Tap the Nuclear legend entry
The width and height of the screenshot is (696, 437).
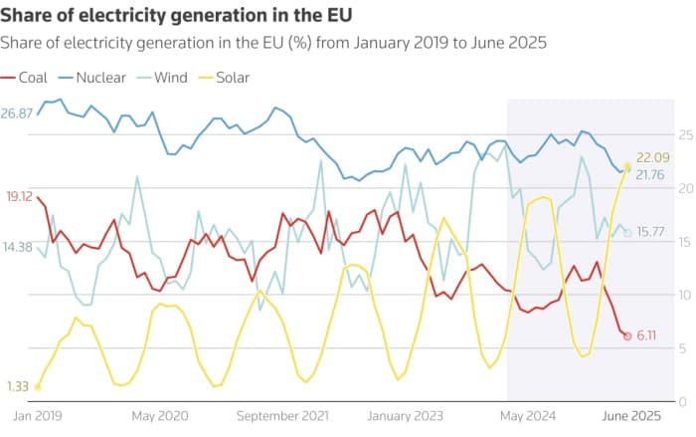click(x=93, y=77)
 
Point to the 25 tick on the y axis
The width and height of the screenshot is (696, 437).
click(x=684, y=134)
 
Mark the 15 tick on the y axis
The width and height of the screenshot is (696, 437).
click(x=684, y=242)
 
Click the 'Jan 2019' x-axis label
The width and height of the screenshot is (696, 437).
click(x=36, y=415)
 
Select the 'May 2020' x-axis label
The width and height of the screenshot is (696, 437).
click(x=160, y=415)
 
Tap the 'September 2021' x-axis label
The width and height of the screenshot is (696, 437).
click(x=284, y=415)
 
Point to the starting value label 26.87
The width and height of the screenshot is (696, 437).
click(x=18, y=113)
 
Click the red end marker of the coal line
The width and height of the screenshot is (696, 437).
click(x=627, y=335)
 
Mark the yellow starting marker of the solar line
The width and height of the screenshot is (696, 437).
click(x=37, y=387)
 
